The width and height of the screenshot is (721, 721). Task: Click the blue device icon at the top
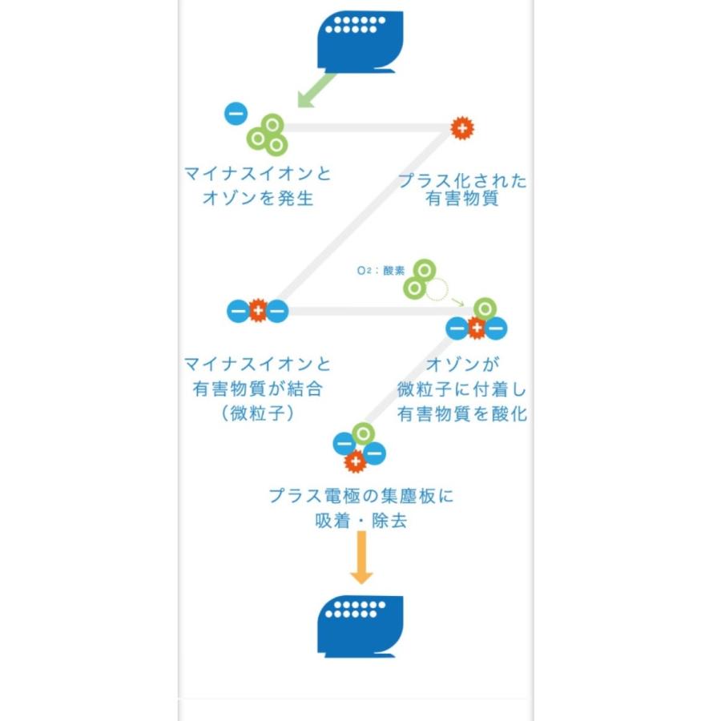pyautogui.click(x=360, y=40)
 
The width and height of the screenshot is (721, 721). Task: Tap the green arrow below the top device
pyautogui.click(x=316, y=89)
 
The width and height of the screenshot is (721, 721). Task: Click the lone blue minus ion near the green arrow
pyautogui.click(x=236, y=114)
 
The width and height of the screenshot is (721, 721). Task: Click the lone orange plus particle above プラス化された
pyautogui.click(x=461, y=127)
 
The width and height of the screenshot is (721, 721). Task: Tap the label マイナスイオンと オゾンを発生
pyautogui.click(x=257, y=186)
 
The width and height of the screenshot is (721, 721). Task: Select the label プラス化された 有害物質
pyautogui.click(x=463, y=190)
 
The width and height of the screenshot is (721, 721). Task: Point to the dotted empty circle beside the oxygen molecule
pyautogui.click(x=437, y=289)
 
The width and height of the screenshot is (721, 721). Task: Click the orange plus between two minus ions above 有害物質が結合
pyautogui.click(x=257, y=310)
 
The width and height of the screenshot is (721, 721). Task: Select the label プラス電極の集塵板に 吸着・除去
pyautogui.click(x=360, y=508)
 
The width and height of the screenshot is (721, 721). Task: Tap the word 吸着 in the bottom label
pyautogui.click(x=332, y=520)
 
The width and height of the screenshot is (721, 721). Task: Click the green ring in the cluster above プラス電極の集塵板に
pyautogui.click(x=364, y=434)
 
